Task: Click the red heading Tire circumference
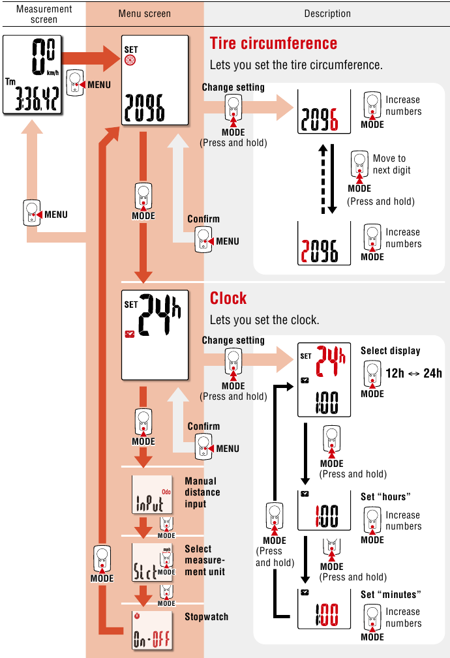coord(273,44)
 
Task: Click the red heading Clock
coord(228,298)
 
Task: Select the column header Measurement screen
coord(44,14)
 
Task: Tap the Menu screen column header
coord(145,14)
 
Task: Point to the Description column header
coord(327,14)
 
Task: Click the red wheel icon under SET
coord(130,61)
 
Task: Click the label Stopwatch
coord(206,616)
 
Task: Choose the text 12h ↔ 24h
coord(413,373)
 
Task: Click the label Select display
coord(390,351)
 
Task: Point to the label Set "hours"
coord(385,497)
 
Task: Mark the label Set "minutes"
coord(390,595)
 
